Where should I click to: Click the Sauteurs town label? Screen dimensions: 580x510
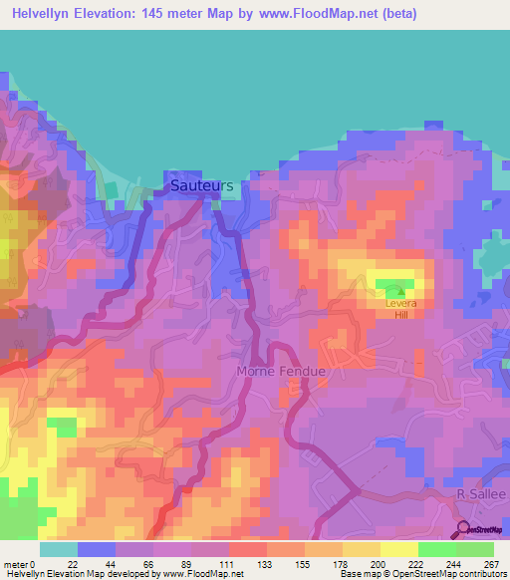click(201, 185)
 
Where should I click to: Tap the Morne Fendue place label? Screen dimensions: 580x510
click(282, 371)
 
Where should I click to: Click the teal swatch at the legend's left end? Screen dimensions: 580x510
click(59, 549)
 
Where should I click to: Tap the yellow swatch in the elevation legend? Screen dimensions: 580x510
click(398, 549)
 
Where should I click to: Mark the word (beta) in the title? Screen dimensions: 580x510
click(393, 14)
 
